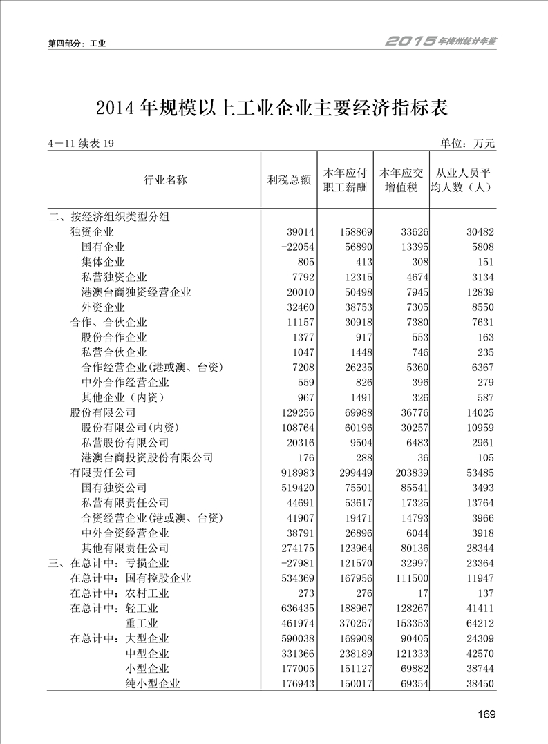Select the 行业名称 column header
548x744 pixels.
click(x=165, y=180)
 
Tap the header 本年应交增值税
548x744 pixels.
click(x=399, y=180)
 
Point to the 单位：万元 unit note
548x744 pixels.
click(x=468, y=144)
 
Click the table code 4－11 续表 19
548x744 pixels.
click(x=80, y=144)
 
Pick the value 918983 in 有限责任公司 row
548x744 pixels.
click(x=296, y=473)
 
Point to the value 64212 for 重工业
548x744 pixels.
click(x=479, y=623)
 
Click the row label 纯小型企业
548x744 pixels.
click(x=153, y=683)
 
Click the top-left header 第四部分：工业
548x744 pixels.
click(x=77, y=44)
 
